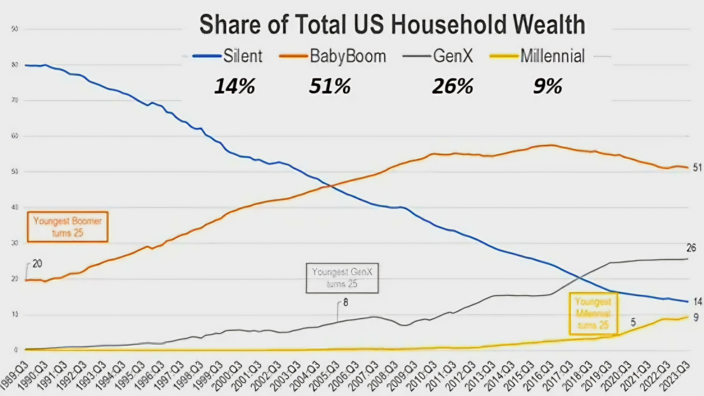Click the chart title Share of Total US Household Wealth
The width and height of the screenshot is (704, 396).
[392, 25]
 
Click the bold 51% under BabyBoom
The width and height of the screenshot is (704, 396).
[330, 86]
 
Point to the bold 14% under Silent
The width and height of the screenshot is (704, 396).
[234, 86]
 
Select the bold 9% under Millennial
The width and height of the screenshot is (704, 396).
[548, 86]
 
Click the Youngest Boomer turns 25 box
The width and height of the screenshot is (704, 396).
[68, 227]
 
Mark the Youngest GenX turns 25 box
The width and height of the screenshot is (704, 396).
[342, 278]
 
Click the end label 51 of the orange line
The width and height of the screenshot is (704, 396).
[697, 168]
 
